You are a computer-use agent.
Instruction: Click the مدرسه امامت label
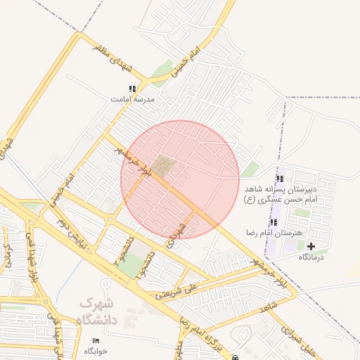click(x=132, y=100)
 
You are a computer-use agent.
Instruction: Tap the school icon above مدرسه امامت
click(x=132, y=89)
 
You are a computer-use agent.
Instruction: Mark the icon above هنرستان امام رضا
click(x=274, y=222)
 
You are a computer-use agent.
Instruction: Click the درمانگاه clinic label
click(x=310, y=257)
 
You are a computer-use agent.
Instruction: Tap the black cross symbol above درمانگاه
click(x=311, y=246)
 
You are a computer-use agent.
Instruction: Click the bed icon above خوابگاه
click(x=95, y=341)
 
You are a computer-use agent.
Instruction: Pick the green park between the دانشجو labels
click(x=129, y=264)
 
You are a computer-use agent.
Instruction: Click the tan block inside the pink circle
click(x=164, y=167)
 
